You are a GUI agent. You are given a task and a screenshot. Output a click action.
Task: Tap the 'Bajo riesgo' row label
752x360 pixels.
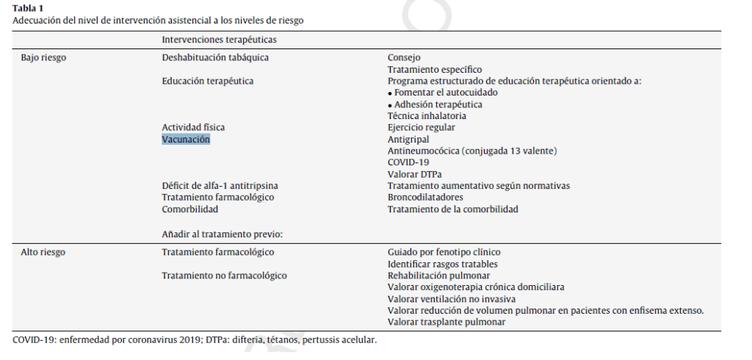[44, 57]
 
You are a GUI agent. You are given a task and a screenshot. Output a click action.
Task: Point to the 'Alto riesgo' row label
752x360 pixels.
[43, 252]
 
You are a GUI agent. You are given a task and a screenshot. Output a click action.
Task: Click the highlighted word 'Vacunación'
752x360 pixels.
[186, 139]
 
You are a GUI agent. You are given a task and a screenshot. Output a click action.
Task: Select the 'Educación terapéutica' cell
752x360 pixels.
[208, 81]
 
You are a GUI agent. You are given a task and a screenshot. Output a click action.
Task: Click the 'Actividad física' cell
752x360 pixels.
[193, 127]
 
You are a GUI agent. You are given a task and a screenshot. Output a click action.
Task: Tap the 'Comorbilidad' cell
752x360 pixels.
[190, 209]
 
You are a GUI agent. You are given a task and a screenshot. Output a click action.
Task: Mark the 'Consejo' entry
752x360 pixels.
[404, 57]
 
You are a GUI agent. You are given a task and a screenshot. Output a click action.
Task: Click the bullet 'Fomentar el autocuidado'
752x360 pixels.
[446, 93]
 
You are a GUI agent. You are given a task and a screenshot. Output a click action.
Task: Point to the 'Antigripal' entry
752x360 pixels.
[408, 139]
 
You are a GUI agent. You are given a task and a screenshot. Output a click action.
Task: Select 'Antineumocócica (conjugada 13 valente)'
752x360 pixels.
[472, 151]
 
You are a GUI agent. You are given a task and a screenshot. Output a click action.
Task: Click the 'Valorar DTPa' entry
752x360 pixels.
[415, 174]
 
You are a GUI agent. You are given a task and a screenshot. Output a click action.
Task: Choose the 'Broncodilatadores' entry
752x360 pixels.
[425, 197]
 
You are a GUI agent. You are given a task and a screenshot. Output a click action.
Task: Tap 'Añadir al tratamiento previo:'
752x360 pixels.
[223, 234]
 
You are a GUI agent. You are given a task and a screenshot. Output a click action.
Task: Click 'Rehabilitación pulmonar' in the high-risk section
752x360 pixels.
[438, 276]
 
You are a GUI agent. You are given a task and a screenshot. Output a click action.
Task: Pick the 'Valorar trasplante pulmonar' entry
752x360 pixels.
[446, 322]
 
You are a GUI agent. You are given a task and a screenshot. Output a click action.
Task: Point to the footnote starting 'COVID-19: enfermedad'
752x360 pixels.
[195, 340]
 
